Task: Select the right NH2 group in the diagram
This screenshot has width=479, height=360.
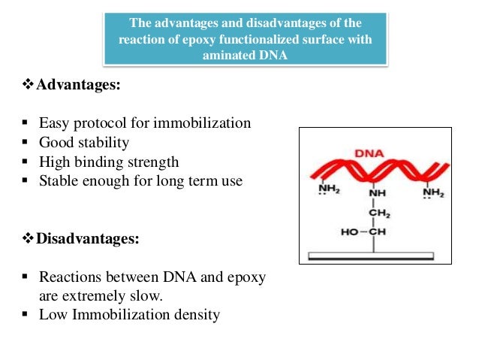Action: pyautogui.click(x=433, y=193)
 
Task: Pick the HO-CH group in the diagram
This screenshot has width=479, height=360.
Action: pyautogui.click(x=363, y=232)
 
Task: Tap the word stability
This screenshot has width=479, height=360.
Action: pyautogui.click(x=101, y=142)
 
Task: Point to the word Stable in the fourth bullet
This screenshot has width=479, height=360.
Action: pyautogui.click(x=59, y=181)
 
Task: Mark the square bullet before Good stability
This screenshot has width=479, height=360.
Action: pyautogui.click(x=25, y=143)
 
